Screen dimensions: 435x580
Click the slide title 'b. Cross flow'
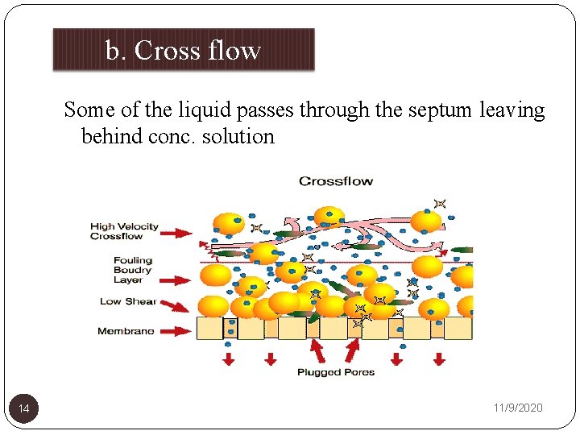coord(183,50)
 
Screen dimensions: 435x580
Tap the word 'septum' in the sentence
coord(441,110)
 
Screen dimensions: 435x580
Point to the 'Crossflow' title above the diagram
coord(336,180)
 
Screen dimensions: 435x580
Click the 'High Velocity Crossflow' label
coord(124,231)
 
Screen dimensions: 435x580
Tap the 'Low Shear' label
coord(127,301)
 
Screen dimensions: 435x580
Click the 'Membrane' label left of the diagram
coord(126,331)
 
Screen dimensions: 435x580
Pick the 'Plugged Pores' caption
coord(336,372)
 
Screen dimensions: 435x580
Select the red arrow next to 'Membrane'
coord(178,331)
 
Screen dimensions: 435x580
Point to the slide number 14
coord(24,409)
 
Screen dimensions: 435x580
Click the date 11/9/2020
coord(518,408)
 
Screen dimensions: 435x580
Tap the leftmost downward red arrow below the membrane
coord(229,358)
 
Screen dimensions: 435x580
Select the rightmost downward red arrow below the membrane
coord(439,358)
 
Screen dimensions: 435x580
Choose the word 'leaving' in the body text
coord(512,110)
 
